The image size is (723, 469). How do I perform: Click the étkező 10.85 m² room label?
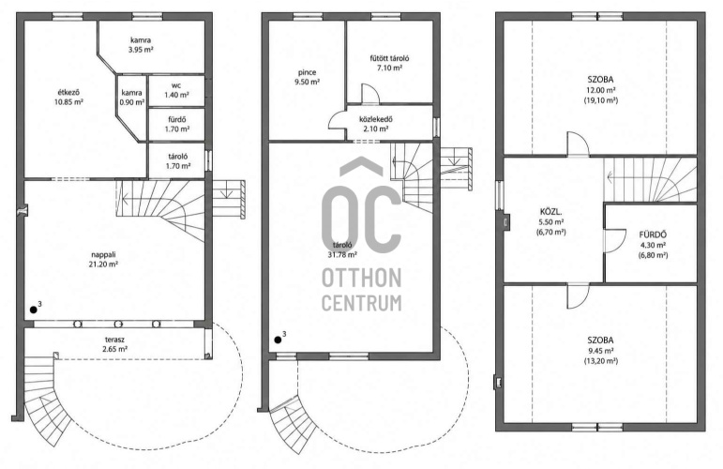tap(68, 98)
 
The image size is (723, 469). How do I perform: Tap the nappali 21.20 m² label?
tap(103, 259)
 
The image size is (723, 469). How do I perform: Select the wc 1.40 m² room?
tap(176, 90)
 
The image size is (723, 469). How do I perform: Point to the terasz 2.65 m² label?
tap(113, 344)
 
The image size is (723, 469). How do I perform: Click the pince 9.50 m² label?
tap(307, 77)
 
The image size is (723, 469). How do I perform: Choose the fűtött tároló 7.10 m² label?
tap(389, 63)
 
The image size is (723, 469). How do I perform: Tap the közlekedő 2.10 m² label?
tap(376, 124)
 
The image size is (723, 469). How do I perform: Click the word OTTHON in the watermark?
tap(362, 278)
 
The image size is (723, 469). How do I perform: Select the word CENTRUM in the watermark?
tap(362, 303)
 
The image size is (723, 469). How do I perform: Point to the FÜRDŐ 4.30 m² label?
tap(653, 245)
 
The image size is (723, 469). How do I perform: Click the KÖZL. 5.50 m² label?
tap(550, 221)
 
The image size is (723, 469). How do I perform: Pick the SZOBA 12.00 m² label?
tap(600, 90)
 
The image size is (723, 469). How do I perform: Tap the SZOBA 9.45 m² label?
tap(600, 351)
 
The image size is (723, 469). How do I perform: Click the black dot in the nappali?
tap(33, 310)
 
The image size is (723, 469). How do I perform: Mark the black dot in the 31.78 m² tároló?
tap(279, 340)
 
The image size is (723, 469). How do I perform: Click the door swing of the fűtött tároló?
tap(370, 94)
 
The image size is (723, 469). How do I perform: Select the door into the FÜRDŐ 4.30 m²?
tap(614, 241)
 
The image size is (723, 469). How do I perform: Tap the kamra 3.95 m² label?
tap(141, 45)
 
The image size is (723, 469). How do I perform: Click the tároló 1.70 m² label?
tap(177, 161)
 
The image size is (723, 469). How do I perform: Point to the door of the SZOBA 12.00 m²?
tap(579, 144)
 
